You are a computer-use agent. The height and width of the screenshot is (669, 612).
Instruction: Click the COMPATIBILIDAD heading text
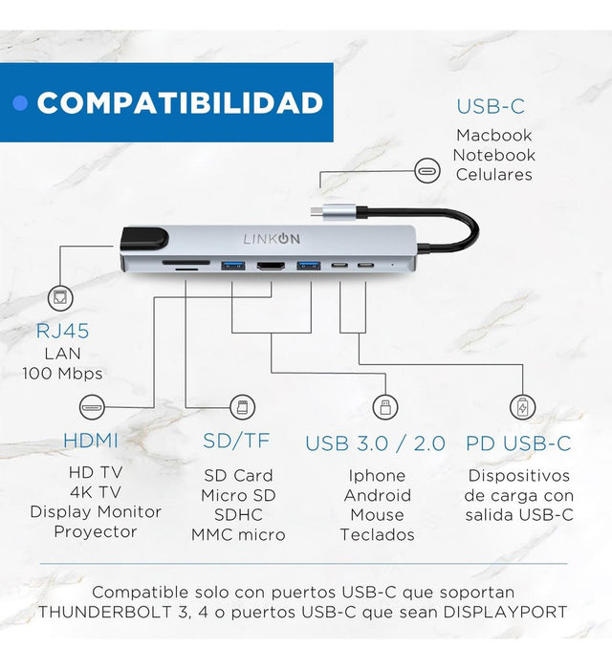pyautogui.click(x=180, y=103)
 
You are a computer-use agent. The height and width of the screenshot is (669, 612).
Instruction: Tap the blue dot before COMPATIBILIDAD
pyautogui.click(x=20, y=103)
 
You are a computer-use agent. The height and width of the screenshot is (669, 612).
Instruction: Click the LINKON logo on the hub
pyautogui.click(x=272, y=239)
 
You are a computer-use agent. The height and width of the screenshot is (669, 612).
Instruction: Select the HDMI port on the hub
pyautogui.click(x=271, y=267)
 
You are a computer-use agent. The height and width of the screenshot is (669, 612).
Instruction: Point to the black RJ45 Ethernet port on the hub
pyautogui.click(x=144, y=238)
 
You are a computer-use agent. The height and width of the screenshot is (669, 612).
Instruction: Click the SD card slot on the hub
pyautogui.click(x=186, y=263)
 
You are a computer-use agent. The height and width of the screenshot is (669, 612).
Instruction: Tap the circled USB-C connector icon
pyautogui.click(x=427, y=171)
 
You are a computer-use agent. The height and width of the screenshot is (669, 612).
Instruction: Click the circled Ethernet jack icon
pyautogui.click(x=60, y=297)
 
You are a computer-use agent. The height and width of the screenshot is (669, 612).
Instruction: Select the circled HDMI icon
pyautogui.click(x=92, y=407)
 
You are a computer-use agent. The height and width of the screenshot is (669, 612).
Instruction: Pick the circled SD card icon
pyautogui.click(x=243, y=407)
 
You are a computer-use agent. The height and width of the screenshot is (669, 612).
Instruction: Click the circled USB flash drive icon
pyautogui.click(x=385, y=407)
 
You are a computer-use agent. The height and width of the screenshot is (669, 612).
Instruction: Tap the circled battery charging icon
pyautogui.click(x=522, y=407)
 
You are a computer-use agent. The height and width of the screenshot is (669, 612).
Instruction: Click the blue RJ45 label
pyautogui.click(x=63, y=331)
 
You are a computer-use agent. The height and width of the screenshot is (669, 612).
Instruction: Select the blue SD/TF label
pyautogui.click(x=236, y=441)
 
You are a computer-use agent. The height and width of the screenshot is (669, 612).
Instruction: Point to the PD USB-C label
pyautogui.click(x=518, y=443)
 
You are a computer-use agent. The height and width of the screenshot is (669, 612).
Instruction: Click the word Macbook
pyautogui.click(x=494, y=136)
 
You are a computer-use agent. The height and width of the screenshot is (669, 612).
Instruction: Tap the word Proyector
pyautogui.click(x=96, y=531)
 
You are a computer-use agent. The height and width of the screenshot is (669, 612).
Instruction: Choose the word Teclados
pyautogui.click(x=378, y=534)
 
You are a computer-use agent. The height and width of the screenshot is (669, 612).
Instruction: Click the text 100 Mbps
pyautogui.click(x=62, y=374)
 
